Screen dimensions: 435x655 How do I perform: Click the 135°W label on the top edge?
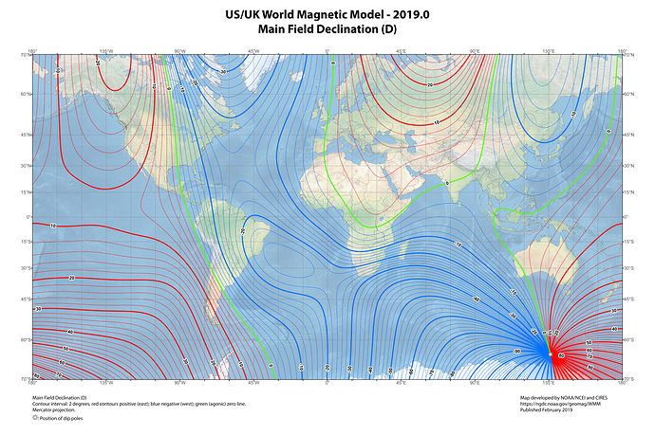pyautogui.click(x=105, y=51)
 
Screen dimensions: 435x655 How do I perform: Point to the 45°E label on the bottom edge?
pyautogui.click(x=401, y=384)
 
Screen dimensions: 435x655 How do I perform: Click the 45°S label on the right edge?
pyautogui.click(x=628, y=300)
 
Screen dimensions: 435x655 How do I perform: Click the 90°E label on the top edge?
pyautogui.click(x=475, y=51)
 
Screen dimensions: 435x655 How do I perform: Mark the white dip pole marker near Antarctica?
pyautogui.click(x=550, y=354)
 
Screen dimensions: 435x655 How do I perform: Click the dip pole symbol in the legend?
pyautogui.click(x=35, y=418)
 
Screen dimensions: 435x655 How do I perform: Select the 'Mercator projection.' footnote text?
pyautogui.click(x=53, y=410)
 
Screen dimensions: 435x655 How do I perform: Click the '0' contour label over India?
pyautogui.click(x=446, y=182)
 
